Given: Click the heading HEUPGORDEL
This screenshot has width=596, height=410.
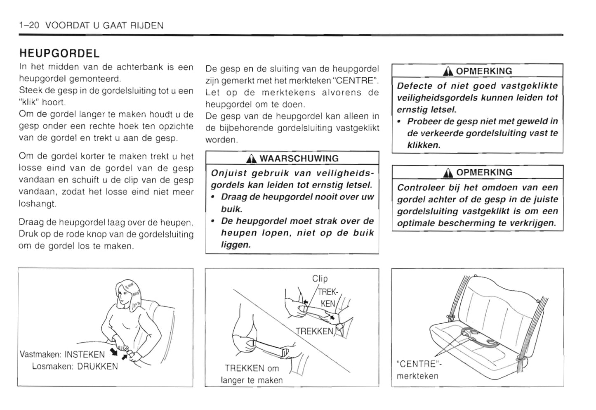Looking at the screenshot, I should point(59,54).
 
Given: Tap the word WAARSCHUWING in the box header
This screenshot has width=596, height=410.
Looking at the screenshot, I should point(299,159).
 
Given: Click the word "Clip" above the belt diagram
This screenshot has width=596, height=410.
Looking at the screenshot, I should point(320,279).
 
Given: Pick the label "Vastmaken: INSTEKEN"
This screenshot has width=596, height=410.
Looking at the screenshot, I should point(62,354).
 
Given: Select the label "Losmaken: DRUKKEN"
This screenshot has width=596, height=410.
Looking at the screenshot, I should point(75,366).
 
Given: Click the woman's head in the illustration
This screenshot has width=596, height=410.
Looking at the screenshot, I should point(126,292).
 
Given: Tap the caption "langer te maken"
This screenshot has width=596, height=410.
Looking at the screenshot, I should point(252,380).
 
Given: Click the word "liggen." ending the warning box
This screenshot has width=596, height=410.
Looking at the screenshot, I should point(236,245).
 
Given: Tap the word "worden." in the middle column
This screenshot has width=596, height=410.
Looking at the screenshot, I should point(221,140).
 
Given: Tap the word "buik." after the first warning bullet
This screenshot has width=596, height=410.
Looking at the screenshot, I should point(231,209).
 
